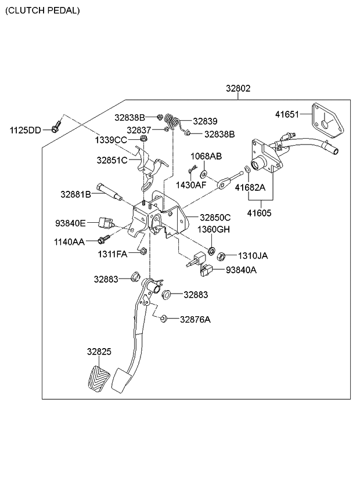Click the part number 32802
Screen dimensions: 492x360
(238, 89)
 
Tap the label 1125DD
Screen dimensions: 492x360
(25, 130)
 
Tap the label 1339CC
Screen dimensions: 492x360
(111, 140)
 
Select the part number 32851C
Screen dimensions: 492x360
(111, 160)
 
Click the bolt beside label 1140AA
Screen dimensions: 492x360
(103, 239)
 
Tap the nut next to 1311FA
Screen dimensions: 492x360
(143, 251)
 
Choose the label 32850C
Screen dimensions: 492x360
(215, 218)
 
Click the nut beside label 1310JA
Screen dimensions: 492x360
(221, 255)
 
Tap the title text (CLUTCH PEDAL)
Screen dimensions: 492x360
(43, 10)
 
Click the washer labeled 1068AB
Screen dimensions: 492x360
(204, 174)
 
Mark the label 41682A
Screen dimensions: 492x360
(250, 187)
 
